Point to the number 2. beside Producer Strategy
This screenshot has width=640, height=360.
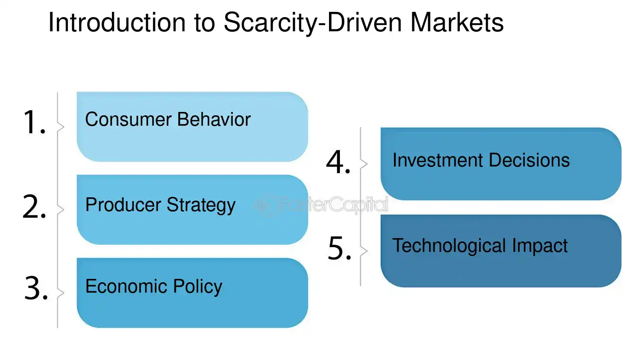point(34,207)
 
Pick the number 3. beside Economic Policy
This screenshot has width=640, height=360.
point(36,289)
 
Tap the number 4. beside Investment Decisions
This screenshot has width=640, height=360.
point(338,162)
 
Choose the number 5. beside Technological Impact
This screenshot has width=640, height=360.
point(340,249)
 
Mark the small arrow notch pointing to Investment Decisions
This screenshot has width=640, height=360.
point(365,164)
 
